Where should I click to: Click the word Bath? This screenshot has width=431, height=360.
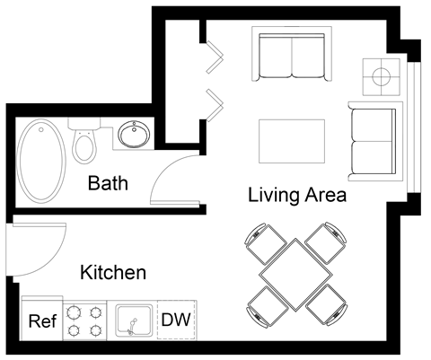click(x=107, y=184)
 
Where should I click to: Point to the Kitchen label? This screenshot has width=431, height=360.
click(x=113, y=271)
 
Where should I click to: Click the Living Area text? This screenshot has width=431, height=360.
click(x=297, y=193)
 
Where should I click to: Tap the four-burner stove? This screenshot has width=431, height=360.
click(x=85, y=320)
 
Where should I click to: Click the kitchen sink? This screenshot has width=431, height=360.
click(x=133, y=320)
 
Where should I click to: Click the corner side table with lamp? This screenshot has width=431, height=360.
click(x=383, y=75)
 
